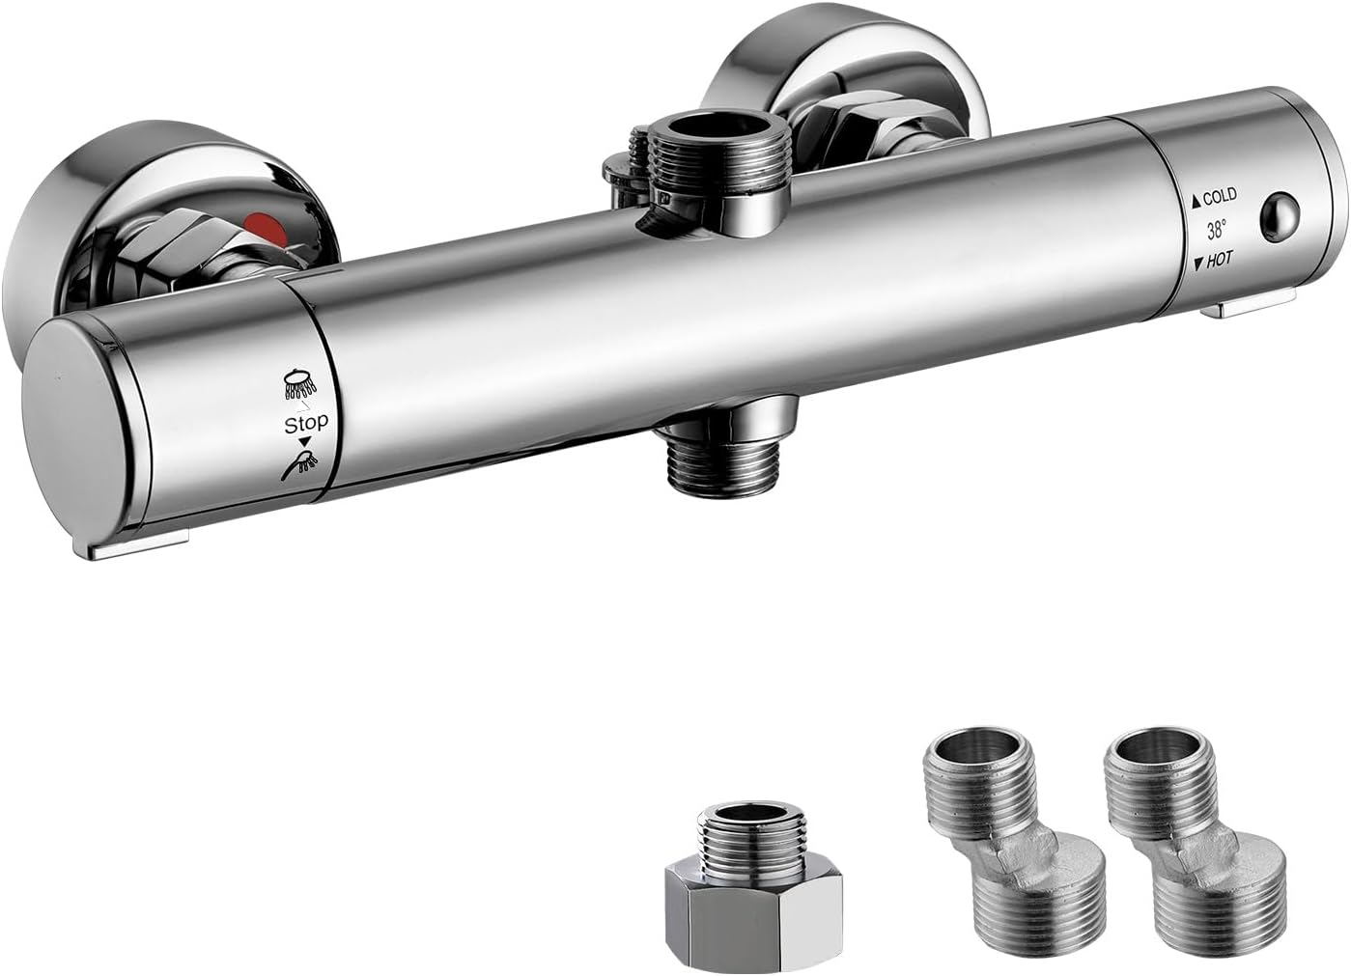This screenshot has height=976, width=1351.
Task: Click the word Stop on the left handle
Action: tap(305, 423)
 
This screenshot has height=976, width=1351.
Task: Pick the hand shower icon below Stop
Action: tap(300, 464)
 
